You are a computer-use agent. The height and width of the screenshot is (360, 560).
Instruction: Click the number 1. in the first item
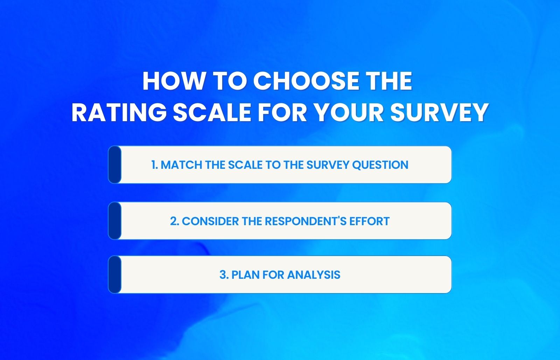pos(155,165)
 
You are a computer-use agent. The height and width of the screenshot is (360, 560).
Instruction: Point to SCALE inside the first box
pos(245,165)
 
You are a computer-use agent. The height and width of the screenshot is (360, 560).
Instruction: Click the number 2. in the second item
pos(174,221)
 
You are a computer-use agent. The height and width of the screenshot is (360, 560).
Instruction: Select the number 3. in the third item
pos(224,275)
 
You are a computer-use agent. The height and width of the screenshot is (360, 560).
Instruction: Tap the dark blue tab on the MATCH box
pos(114,165)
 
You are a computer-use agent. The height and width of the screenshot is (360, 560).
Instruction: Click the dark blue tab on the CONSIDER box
pos(114,221)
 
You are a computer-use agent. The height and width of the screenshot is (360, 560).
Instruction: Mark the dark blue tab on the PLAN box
pos(114,275)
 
